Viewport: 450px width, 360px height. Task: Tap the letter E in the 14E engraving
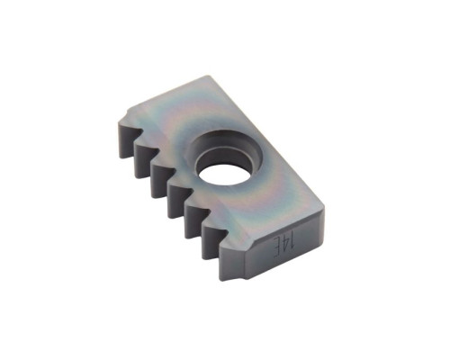point(276,249)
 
